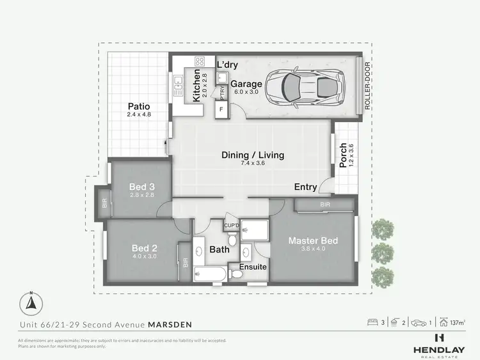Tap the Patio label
point(139,107)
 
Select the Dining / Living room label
point(253,155)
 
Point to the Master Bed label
point(313,240)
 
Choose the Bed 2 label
point(145,248)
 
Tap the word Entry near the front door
point(305,187)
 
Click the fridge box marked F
point(221,109)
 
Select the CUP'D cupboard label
point(231,226)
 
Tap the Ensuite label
point(253,267)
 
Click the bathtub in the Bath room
point(210,275)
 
